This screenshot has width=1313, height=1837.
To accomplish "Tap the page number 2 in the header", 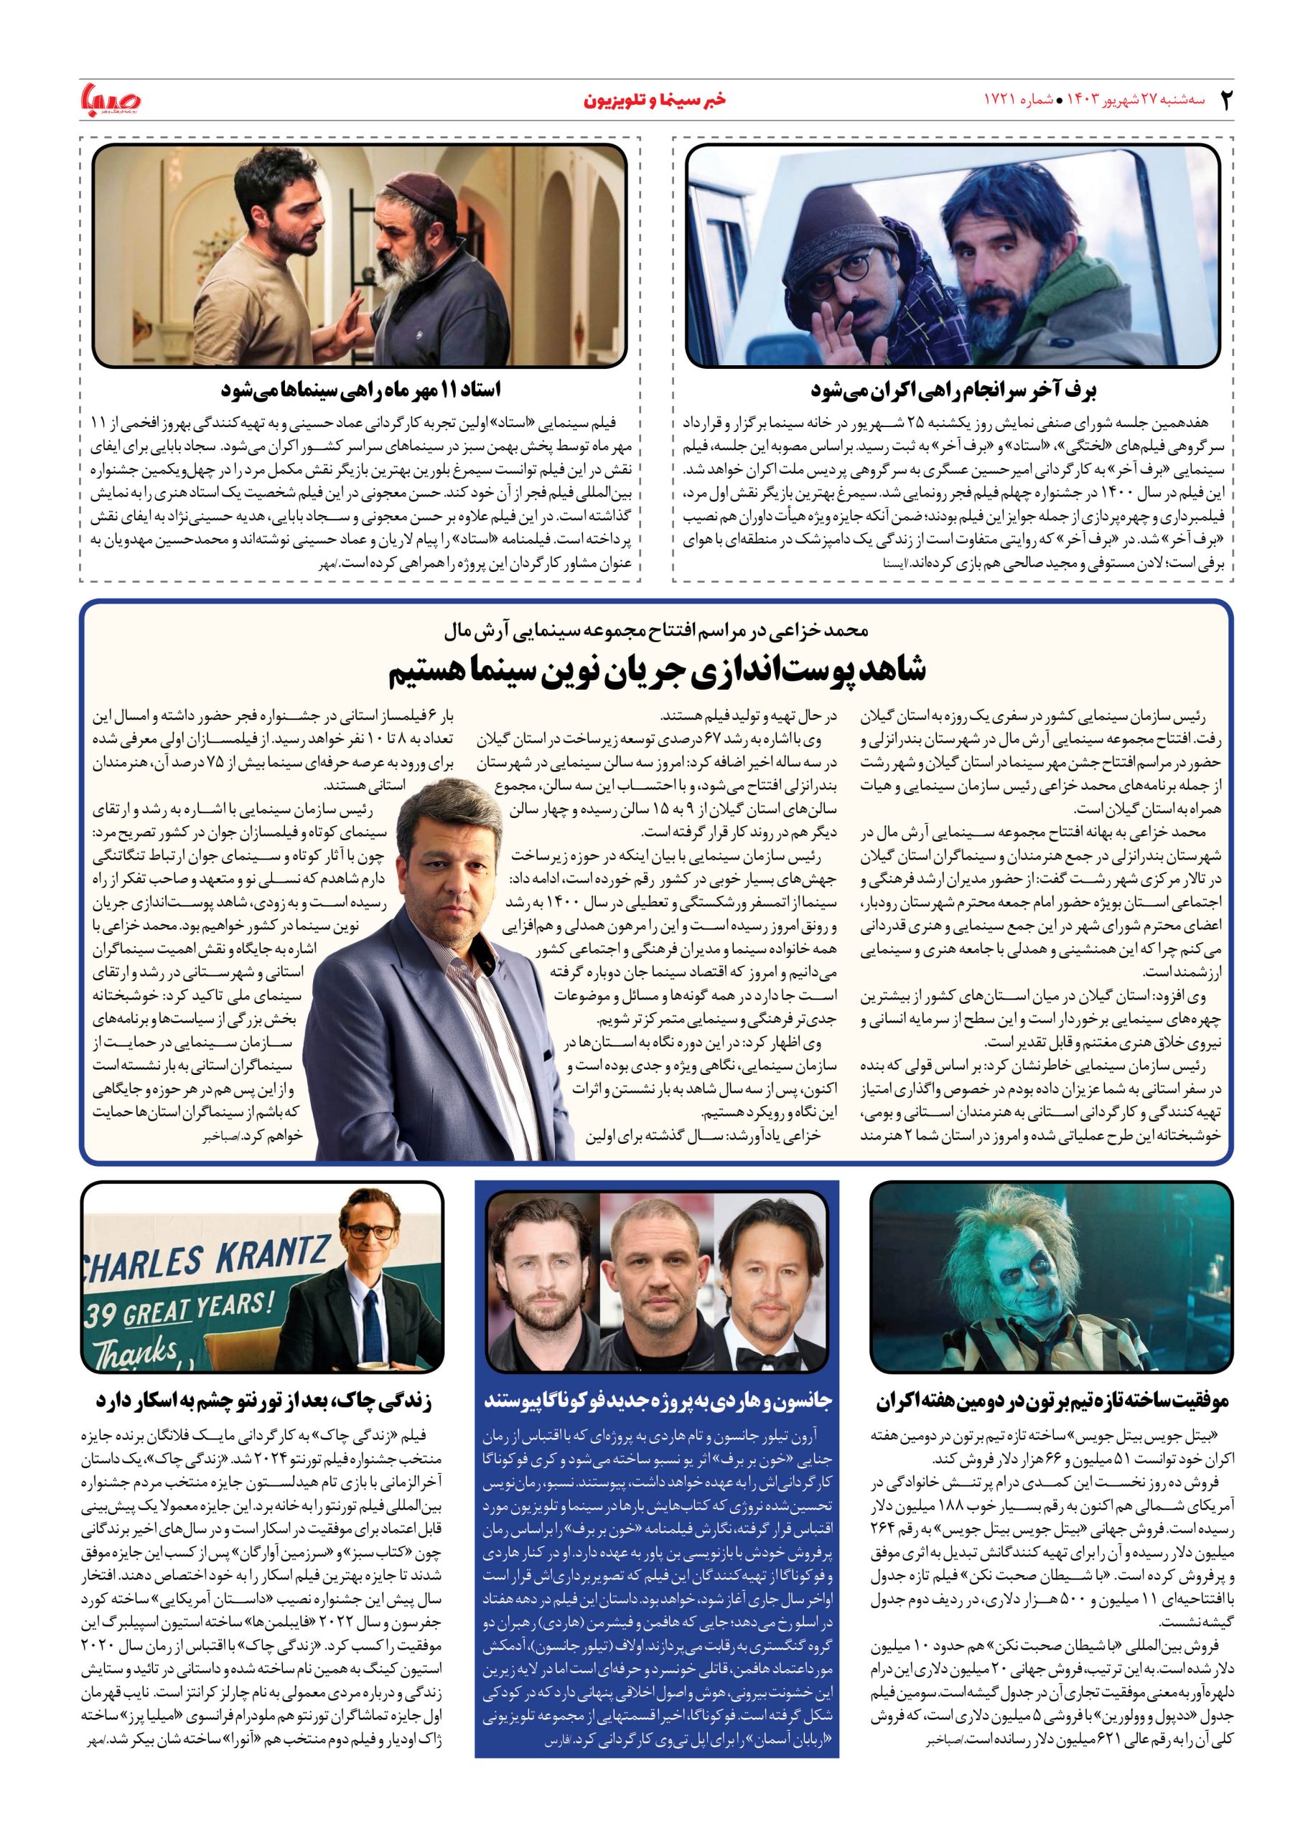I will [x=1225, y=100].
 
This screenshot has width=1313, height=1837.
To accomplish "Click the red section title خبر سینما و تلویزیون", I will [x=655, y=100].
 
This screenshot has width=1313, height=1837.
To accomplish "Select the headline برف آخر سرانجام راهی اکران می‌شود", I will [x=953, y=391].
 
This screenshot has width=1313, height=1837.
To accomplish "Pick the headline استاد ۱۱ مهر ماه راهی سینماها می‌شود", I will [x=360, y=391].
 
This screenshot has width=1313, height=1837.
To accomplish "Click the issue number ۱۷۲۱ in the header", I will [x=999, y=100].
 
